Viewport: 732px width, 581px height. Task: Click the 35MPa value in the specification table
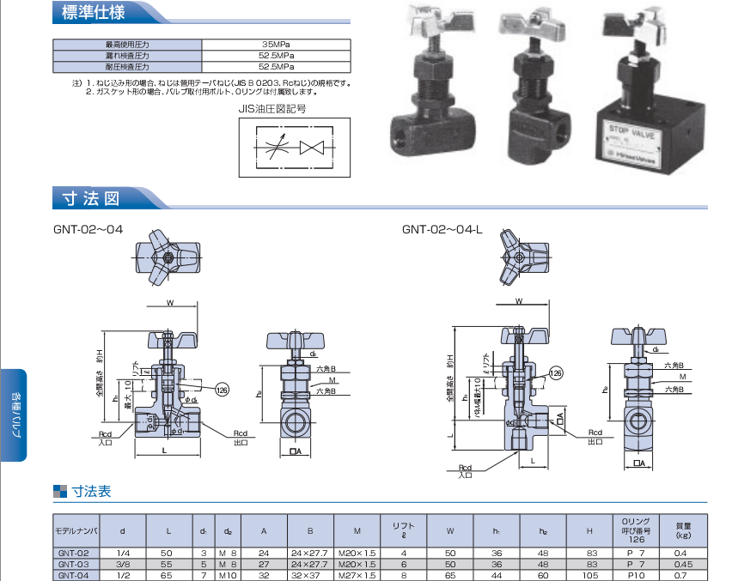[x=276, y=45]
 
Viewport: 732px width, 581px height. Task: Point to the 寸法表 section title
[x=91, y=493]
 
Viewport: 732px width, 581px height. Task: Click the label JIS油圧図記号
[x=272, y=109]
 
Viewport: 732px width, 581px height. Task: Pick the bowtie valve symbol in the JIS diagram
[x=311, y=147]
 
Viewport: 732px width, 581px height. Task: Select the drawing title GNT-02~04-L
[x=442, y=229]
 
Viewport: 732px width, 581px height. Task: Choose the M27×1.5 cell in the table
[x=357, y=575]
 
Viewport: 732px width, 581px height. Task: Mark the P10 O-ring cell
[x=635, y=575]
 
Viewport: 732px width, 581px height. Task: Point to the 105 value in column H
[x=589, y=575]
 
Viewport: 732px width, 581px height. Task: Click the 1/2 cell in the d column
[x=123, y=575]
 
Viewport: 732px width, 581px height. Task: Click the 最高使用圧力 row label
[x=127, y=45]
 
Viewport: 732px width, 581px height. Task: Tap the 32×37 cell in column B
[x=309, y=575]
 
